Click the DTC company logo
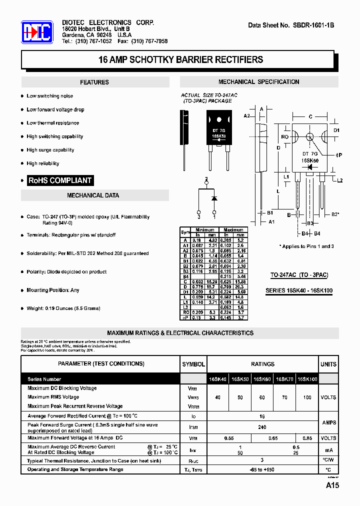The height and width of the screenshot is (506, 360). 36,33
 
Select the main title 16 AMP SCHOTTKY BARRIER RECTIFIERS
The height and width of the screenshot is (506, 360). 180,59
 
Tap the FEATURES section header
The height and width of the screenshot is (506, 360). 94,82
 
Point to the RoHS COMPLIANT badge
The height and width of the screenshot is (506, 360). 60,180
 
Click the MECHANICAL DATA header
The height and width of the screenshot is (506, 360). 93,195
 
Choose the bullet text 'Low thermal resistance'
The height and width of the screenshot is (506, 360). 52,123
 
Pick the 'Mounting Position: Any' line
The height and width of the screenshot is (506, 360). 53,290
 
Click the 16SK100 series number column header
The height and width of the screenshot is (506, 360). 307,379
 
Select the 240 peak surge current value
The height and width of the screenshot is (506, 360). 262,427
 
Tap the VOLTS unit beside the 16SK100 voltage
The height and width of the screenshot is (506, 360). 328,397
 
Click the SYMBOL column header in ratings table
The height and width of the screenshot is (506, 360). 193,364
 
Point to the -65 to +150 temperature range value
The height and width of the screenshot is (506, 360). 262,469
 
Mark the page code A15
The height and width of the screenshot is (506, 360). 332,485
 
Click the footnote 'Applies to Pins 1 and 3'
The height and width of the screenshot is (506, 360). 306,246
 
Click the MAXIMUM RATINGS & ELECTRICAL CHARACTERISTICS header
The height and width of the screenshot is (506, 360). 180,333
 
